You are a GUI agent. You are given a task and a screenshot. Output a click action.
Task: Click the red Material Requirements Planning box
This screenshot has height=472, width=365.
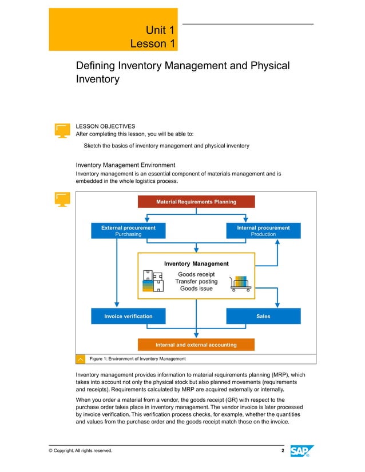pyautogui.click(x=196, y=202)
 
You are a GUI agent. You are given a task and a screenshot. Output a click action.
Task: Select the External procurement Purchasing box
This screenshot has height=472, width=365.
pyautogui.click(x=128, y=230)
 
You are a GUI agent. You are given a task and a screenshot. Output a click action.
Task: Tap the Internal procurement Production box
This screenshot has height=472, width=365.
pyautogui.click(x=263, y=230)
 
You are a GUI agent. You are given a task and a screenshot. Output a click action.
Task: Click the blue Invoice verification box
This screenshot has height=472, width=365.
pyautogui.click(x=128, y=316)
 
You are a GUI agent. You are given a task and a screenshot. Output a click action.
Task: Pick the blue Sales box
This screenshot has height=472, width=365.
pyautogui.click(x=263, y=316)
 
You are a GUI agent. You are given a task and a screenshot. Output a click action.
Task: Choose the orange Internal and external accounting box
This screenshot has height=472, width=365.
pyautogui.click(x=196, y=345)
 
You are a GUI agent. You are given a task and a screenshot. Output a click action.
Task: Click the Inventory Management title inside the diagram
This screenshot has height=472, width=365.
pyautogui.click(x=196, y=264)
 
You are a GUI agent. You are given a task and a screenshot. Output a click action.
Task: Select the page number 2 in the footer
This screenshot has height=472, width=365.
pyautogui.click(x=283, y=451)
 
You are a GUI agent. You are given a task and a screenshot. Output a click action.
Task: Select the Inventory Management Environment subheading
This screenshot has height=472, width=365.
pyautogui.click(x=129, y=165)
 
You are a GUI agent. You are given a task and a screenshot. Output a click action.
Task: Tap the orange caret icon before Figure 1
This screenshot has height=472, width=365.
pyautogui.click(x=81, y=359)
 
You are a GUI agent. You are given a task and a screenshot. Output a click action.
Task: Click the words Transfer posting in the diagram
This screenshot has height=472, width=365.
pyautogui.click(x=196, y=281)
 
